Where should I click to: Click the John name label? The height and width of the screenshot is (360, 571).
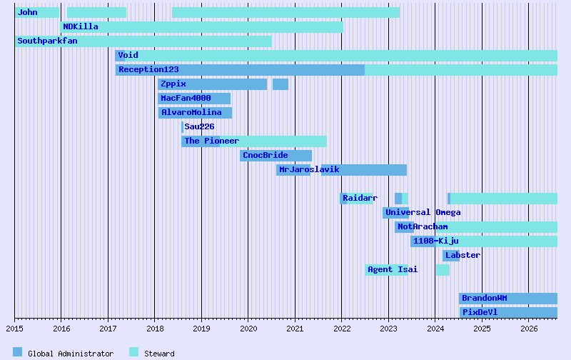click(27, 12)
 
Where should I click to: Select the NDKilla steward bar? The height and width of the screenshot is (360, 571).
click(201, 27)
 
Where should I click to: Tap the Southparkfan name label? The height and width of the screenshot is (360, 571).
click(47, 41)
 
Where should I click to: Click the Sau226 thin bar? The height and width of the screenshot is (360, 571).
click(183, 127)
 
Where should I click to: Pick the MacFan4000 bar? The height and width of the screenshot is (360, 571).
click(194, 99)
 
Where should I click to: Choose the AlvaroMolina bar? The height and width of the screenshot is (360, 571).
click(195, 113)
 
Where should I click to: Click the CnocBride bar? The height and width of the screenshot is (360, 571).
click(276, 156)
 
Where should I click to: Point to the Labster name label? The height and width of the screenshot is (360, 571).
click(463, 255)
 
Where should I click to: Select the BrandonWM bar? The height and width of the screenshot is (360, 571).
click(508, 299)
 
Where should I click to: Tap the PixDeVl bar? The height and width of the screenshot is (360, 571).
click(508, 313)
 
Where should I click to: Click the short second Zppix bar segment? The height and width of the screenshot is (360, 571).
click(281, 84)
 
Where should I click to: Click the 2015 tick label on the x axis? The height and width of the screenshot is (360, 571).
click(14, 329)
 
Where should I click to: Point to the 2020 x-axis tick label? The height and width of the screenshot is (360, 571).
click(248, 329)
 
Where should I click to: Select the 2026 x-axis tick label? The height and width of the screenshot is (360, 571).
click(529, 329)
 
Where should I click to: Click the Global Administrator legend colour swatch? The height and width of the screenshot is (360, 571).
click(17, 352)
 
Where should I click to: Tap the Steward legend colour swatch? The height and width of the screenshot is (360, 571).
click(133, 352)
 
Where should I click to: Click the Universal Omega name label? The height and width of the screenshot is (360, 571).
click(423, 212)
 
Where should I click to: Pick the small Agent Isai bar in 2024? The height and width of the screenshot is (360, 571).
click(443, 270)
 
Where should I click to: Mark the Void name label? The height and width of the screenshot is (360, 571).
click(128, 56)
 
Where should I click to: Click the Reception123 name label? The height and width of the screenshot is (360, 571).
click(148, 69)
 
